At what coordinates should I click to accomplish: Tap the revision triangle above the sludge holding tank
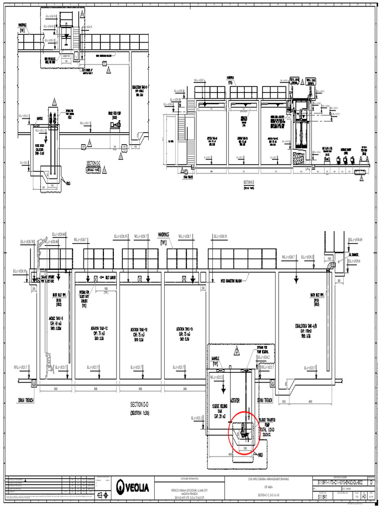coord(237,351)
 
